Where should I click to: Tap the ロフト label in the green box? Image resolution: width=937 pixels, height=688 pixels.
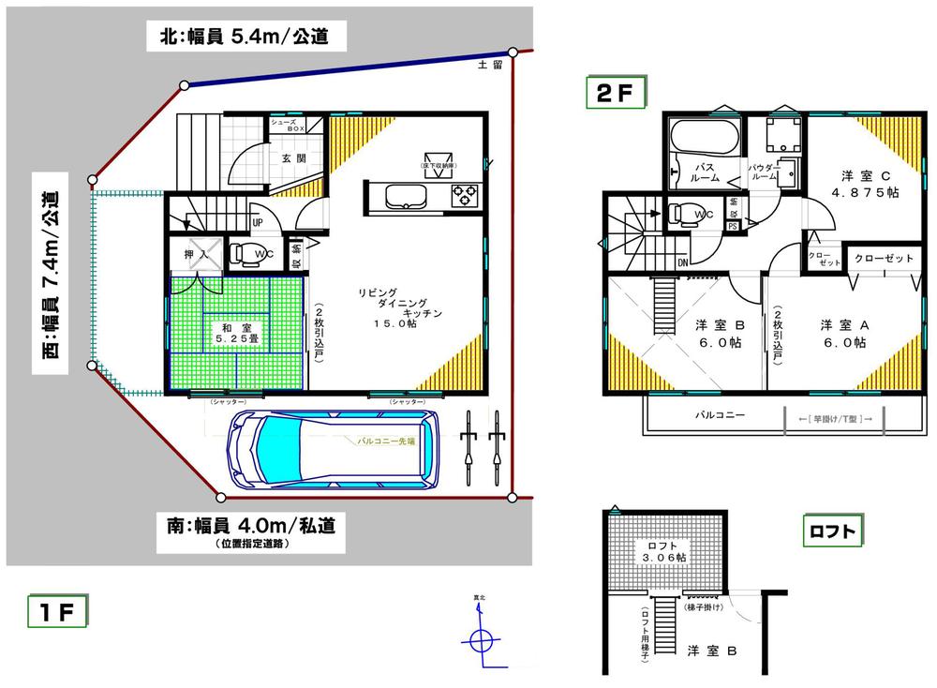pyautogui.click(x=833, y=531)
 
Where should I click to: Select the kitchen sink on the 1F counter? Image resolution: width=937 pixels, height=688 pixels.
pyautogui.click(x=403, y=196)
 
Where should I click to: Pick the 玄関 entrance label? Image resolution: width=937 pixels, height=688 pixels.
pyautogui.click(x=292, y=158)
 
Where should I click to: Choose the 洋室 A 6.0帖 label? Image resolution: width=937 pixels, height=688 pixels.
pyautogui.click(x=845, y=334)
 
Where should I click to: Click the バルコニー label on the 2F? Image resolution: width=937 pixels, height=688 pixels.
pyautogui.click(x=720, y=413)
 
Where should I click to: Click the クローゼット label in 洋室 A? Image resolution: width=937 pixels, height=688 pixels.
pyautogui.click(x=884, y=258)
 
